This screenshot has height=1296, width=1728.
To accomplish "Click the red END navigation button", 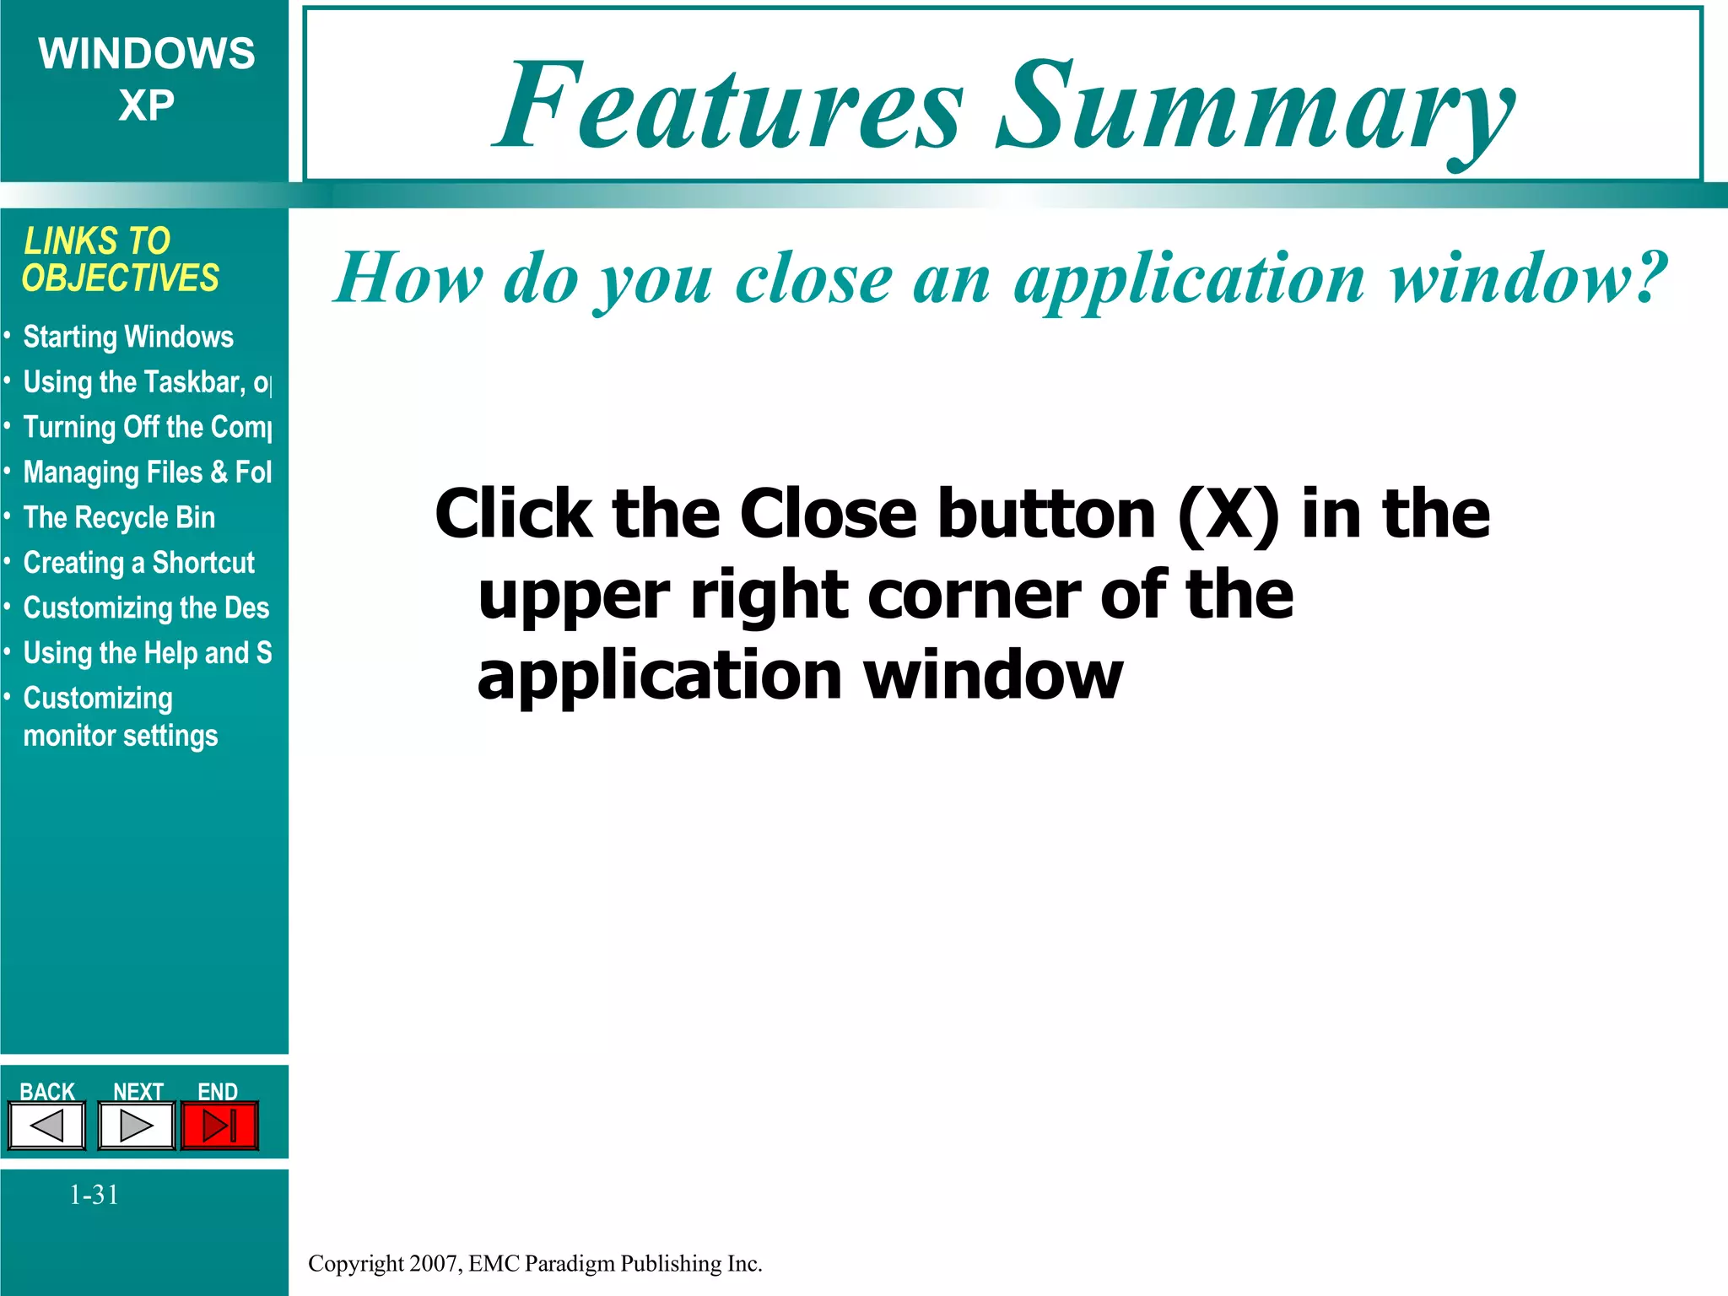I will [x=219, y=1126].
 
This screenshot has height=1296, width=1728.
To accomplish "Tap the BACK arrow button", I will [x=47, y=1126].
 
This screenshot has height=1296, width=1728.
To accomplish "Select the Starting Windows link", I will [x=128, y=337].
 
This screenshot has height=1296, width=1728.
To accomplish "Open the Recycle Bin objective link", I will [x=119, y=518].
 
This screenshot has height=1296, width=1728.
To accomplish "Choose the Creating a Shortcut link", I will [x=138, y=563].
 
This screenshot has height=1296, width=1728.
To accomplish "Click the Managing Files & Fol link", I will [x=147, y=472].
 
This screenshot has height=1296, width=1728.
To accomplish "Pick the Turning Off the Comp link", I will [x=147, y=428].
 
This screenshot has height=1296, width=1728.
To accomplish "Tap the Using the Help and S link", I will [x=147, y=653].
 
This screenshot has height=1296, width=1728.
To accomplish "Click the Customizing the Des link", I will [x=146, y=608].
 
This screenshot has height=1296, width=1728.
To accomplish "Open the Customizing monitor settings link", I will [x=120, y=717].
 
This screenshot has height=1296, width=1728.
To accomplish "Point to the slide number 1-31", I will [x=94, y=1195].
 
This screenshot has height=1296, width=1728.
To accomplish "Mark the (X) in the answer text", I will [x=1228, y=514].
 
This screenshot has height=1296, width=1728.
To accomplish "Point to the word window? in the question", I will [x=1528, y=278].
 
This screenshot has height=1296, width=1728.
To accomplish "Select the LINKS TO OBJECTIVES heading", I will [x=120, y=260].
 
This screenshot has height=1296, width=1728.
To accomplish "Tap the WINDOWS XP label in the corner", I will [x=146, y=79].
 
